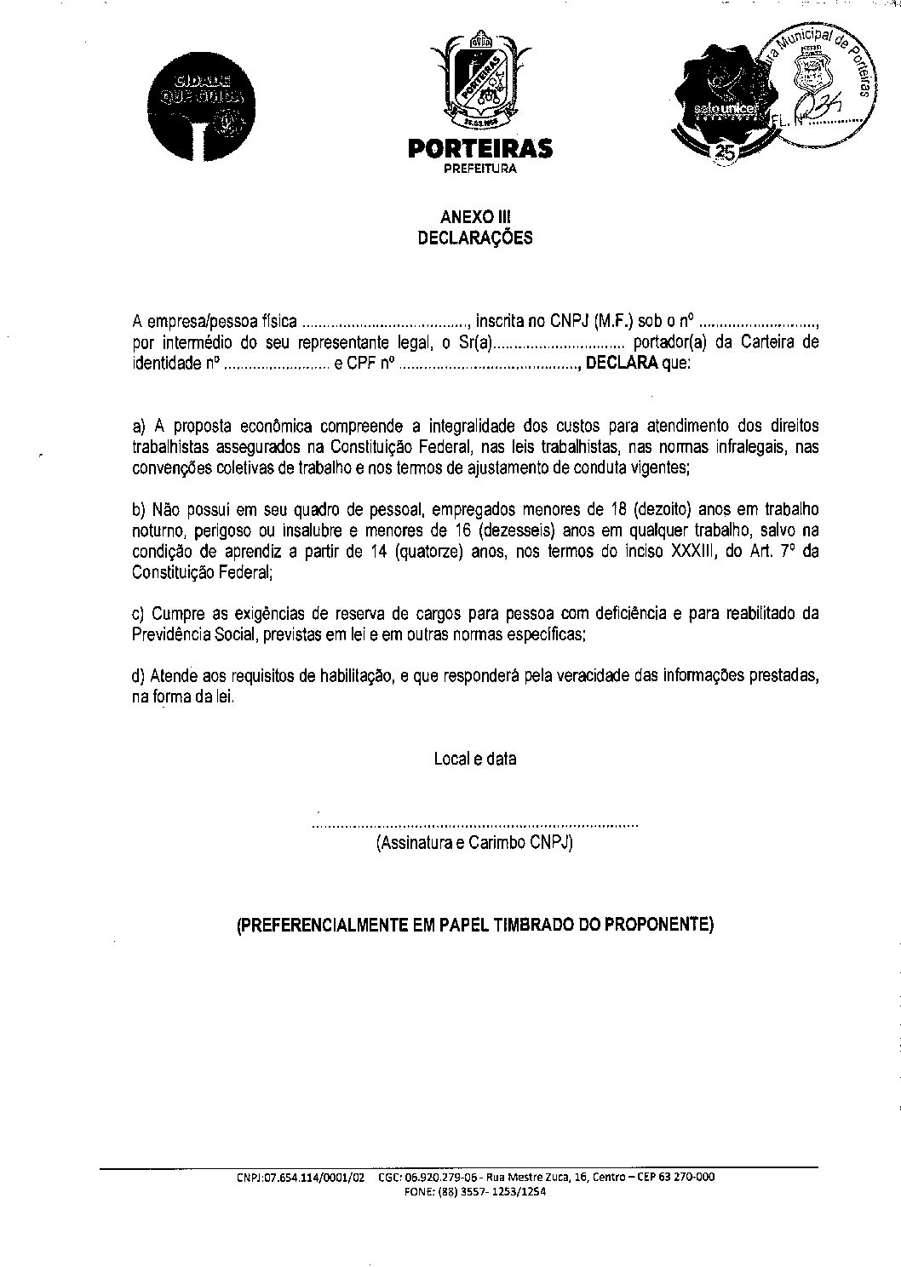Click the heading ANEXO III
click(x=475, y=218)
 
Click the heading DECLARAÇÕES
click(x=475, y=238)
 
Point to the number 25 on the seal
click(x=726, y=152)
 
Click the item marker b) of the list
click(x=139, y=510)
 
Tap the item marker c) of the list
click(x=139, y=614)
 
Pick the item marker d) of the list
click(x=139, y=677)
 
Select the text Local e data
click(x=475, y=759)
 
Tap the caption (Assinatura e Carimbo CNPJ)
click(x=475, y=844)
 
